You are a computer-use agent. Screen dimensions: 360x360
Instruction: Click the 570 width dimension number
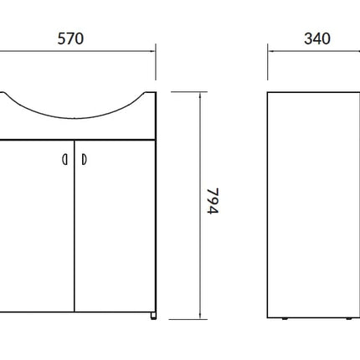pyautogui.click(x=70, y=39)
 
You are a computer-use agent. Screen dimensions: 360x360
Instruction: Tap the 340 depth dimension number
pyautogui.click(x=317, y=39)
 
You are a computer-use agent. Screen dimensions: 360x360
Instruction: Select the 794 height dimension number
pyautogui.click(x=213, y=201)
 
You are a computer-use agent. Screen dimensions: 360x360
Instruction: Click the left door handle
pyautogui.click(x=64, y=160)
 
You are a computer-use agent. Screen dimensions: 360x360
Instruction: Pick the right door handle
pyautogui.click(x=84, y=160)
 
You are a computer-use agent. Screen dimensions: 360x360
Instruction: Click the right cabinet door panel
pyautogui.click(x=115, y=226)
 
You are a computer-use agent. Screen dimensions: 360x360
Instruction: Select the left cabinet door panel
pyautogui.click(x=37, y=226)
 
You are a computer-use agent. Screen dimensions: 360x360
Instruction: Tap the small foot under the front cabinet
pyautogui.click(x=153, y=316)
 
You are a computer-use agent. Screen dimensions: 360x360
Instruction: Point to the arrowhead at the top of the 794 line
pyautogui.click(x=200, y=95)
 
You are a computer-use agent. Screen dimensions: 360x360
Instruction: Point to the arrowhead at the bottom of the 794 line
pyautogui.click(x=200, y=316)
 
